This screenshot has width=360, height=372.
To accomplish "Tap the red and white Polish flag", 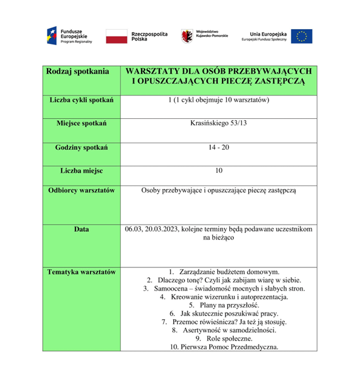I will point(115,36).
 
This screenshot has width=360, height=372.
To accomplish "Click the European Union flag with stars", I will point(302,36).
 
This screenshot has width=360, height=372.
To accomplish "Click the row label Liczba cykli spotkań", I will point(82,99).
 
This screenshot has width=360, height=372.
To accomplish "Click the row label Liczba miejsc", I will point(82,171).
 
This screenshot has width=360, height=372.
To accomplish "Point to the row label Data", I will point(82,229).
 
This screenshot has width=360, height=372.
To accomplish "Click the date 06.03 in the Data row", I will point(133,229).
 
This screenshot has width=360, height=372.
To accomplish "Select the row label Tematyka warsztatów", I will point(82,272).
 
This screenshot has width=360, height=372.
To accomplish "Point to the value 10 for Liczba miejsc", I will point(218,171).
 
